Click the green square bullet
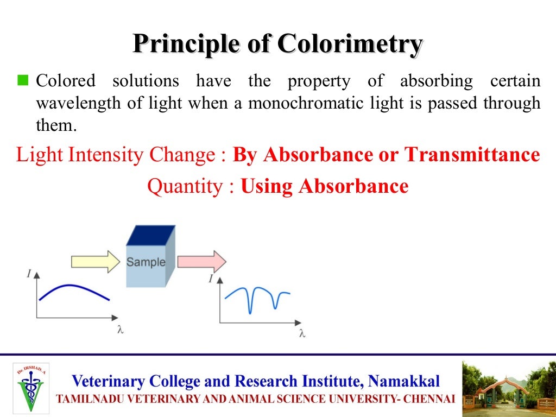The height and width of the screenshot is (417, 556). tap(22, 81)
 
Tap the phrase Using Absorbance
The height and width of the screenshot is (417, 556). tap(324, 187)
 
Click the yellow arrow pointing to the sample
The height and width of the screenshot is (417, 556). tap(96, 262)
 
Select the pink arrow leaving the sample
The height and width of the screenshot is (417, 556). tap(201, 262)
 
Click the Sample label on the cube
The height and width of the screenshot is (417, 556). tap(146, 262)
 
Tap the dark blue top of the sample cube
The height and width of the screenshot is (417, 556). tap(150, 236)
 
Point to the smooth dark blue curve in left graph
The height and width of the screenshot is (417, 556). tap(73, 289)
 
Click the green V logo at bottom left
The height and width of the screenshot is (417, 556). tap(31, 387)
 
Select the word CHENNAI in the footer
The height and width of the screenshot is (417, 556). tap(431, 399)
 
